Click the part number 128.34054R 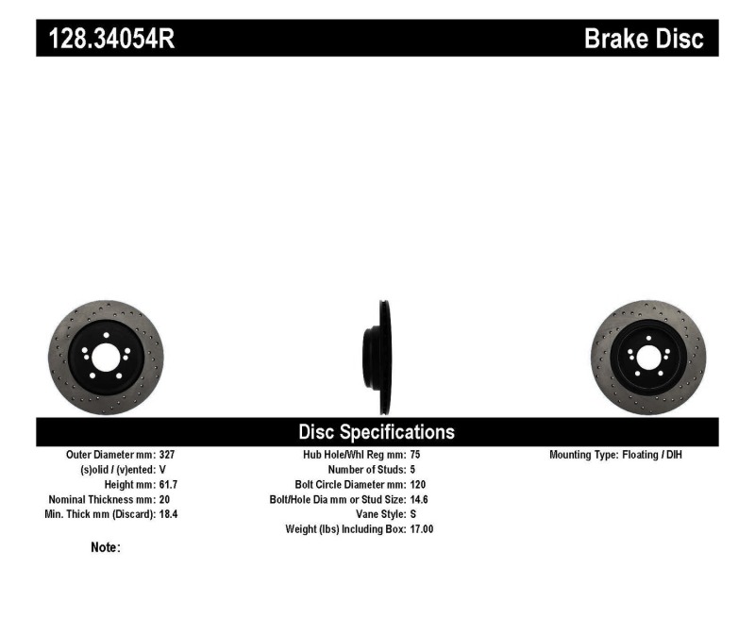click(105, 39)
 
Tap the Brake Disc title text click(644, 39)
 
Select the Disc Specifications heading click(377, 432)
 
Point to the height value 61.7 click(168, 484)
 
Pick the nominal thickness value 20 click(163, 499)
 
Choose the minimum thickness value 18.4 click(168, 514)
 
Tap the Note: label click(105, 547)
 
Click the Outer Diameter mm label click(107, 455)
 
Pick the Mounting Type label click(582, 455)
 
